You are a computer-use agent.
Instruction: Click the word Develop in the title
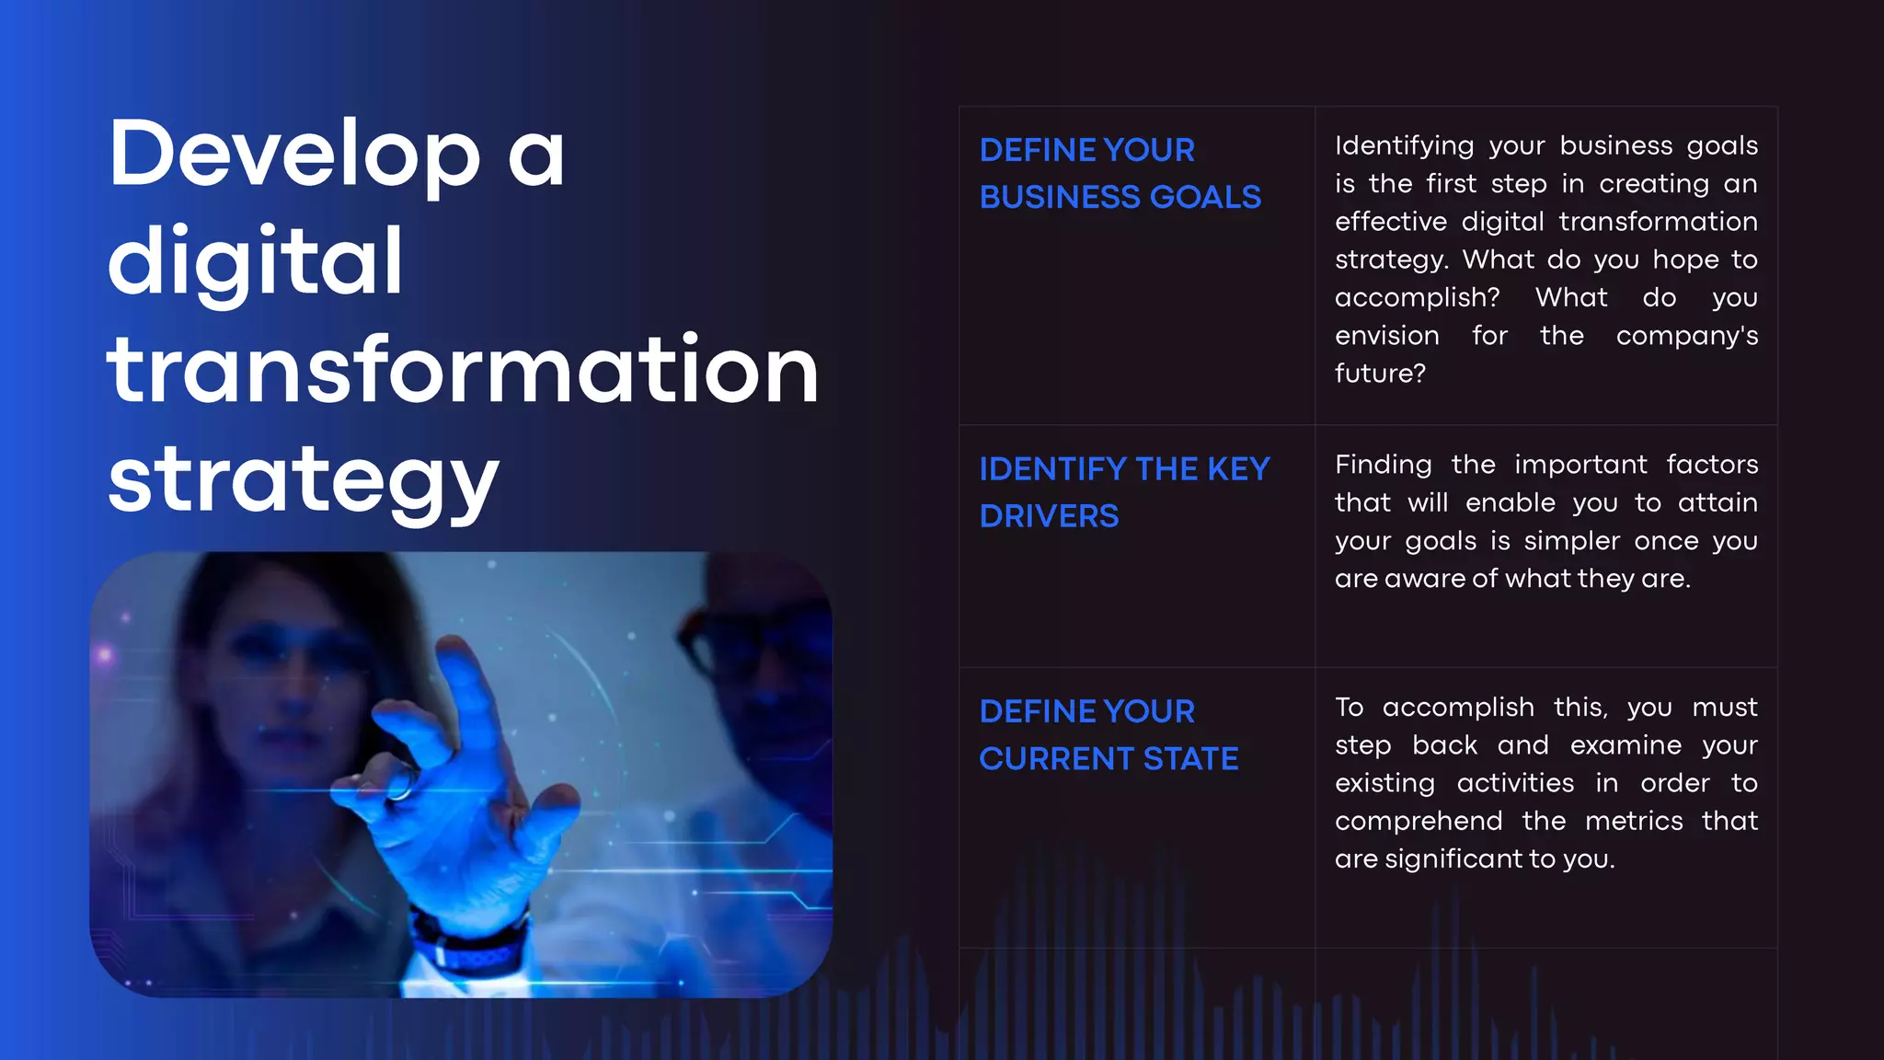(294, 155)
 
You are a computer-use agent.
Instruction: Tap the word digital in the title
(256, 262)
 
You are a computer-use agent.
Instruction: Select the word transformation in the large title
(463, 370)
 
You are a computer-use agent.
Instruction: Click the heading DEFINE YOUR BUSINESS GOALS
(1120, 173)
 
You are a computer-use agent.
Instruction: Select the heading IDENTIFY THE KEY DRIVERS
(1124, 492)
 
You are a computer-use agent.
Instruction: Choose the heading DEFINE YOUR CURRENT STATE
(1109, 734)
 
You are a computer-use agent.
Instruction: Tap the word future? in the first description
(1380, 373)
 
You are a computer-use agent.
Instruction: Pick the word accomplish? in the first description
(1417, 297)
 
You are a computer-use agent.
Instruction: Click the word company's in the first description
(1686, 335)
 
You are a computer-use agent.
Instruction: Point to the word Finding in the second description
(1383, 465)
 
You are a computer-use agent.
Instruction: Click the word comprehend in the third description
(1419, 821)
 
